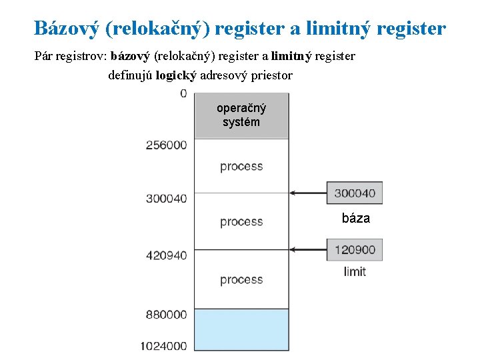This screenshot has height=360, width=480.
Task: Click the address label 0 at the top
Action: (x=183, y=94)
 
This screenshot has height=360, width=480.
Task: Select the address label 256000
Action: (x=167, y=145)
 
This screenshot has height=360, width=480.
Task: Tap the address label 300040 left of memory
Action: (x=167, y=198)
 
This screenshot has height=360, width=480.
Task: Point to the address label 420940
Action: (x=167, y=255)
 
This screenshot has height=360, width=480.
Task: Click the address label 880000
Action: (x=167, y=314)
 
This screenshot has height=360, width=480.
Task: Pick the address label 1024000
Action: (x=164, y=346)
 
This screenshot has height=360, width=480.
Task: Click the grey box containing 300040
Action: (x=354, y=193)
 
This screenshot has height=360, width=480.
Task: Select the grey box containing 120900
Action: (x=354, y=250)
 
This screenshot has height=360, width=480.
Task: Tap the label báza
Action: (x=355, y=218)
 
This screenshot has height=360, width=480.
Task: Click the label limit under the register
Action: (x=355, y=271)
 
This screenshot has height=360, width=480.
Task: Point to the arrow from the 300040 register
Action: (x=309, y=193)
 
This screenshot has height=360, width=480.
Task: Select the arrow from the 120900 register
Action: (x=309, y=250)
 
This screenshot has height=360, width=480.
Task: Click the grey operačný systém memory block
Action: (x=241, y=115)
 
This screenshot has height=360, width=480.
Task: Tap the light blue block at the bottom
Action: (x=241, y=329)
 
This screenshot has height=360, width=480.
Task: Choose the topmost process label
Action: (x=241, y=166)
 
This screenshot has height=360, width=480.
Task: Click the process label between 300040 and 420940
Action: (x=241, y=221)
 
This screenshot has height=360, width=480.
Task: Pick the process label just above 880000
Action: (x=241, y=280)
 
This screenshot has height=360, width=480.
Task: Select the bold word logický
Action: (x=175, y=75)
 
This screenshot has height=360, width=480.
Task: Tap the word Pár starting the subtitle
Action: (x=45, y=56)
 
